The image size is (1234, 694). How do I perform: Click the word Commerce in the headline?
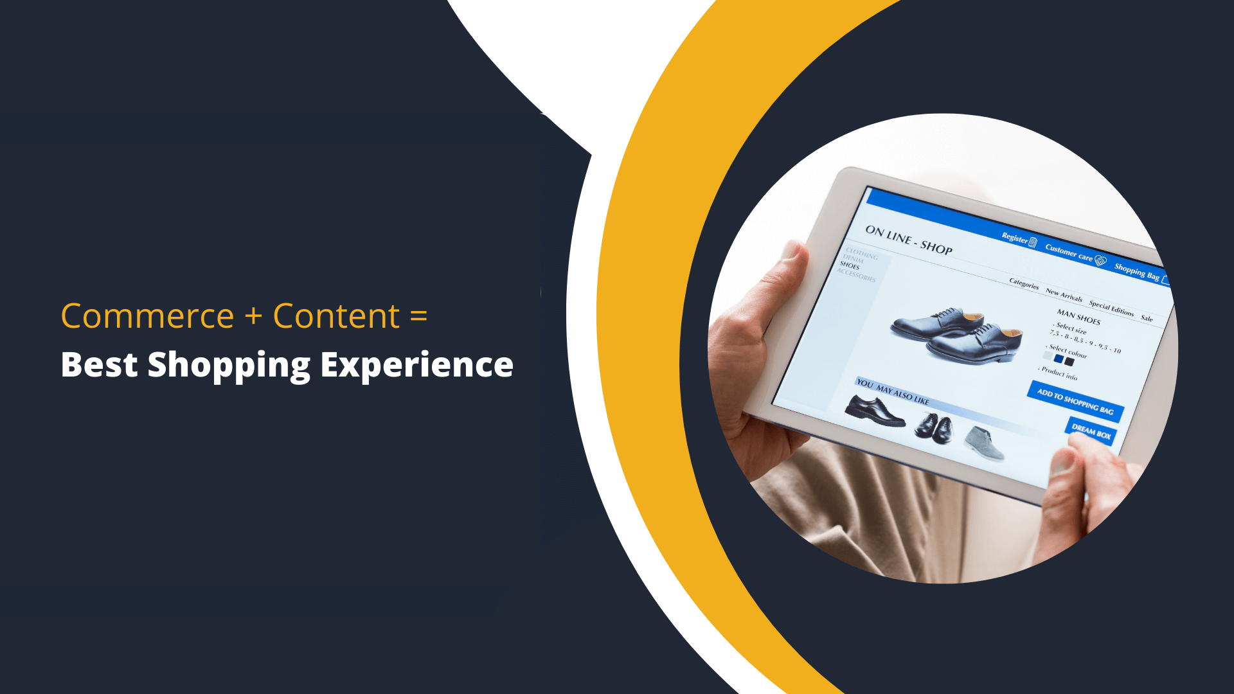[x=147, y=316]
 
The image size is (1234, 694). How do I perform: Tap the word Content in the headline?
[x=336, y=316]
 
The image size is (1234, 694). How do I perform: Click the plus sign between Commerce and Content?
[x=253, y=316]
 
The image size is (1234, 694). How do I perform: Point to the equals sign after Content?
[x=418, y=316]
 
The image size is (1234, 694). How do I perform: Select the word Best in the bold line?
[x=99, y=365]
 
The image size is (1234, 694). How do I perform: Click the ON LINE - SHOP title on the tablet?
[x=908, y=239]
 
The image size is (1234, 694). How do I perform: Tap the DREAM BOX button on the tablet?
[x=1091, y=431]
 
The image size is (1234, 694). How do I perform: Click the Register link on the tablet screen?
[x=1015, y=238]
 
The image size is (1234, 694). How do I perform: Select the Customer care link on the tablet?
[x=1069, y=252]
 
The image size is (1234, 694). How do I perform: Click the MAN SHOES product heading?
[x=1078, y=316]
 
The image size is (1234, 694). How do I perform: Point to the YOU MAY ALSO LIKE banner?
[x=893, y=391]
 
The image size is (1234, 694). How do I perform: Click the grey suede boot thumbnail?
[x=984, y=443]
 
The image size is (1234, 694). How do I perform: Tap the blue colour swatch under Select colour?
[x=1059, y=359]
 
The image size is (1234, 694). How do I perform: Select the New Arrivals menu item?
[x=1064, y=295]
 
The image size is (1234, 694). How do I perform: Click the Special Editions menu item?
[x=1111, y=308]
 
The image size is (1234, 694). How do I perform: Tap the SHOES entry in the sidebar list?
[x=850, y=265]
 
